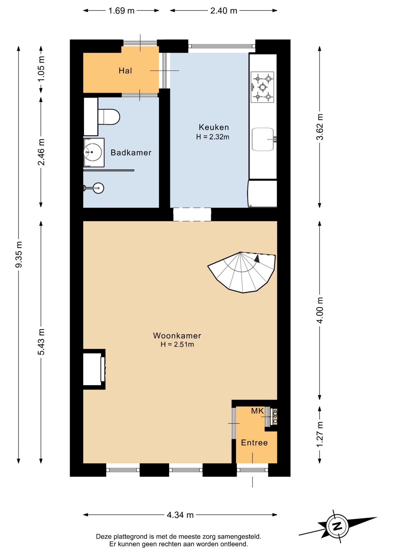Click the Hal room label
click(125, 71)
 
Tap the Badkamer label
click(131, 153)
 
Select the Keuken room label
click(214, 127)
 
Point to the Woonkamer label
click(177, 336)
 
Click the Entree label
click(254, 443)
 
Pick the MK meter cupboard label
click(257, 411)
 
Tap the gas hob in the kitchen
click(262, 87)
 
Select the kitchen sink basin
click(263, 139)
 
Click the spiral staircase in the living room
click(242, 272)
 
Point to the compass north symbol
click(337, 526)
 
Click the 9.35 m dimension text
click(19, 254)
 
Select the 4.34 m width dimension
click(180, 515)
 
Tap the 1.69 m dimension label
click(121, 11)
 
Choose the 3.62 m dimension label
click(319, 127)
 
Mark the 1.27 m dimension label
click(319, 434)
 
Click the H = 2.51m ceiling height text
click(177, 344)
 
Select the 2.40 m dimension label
click(224, 11)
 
